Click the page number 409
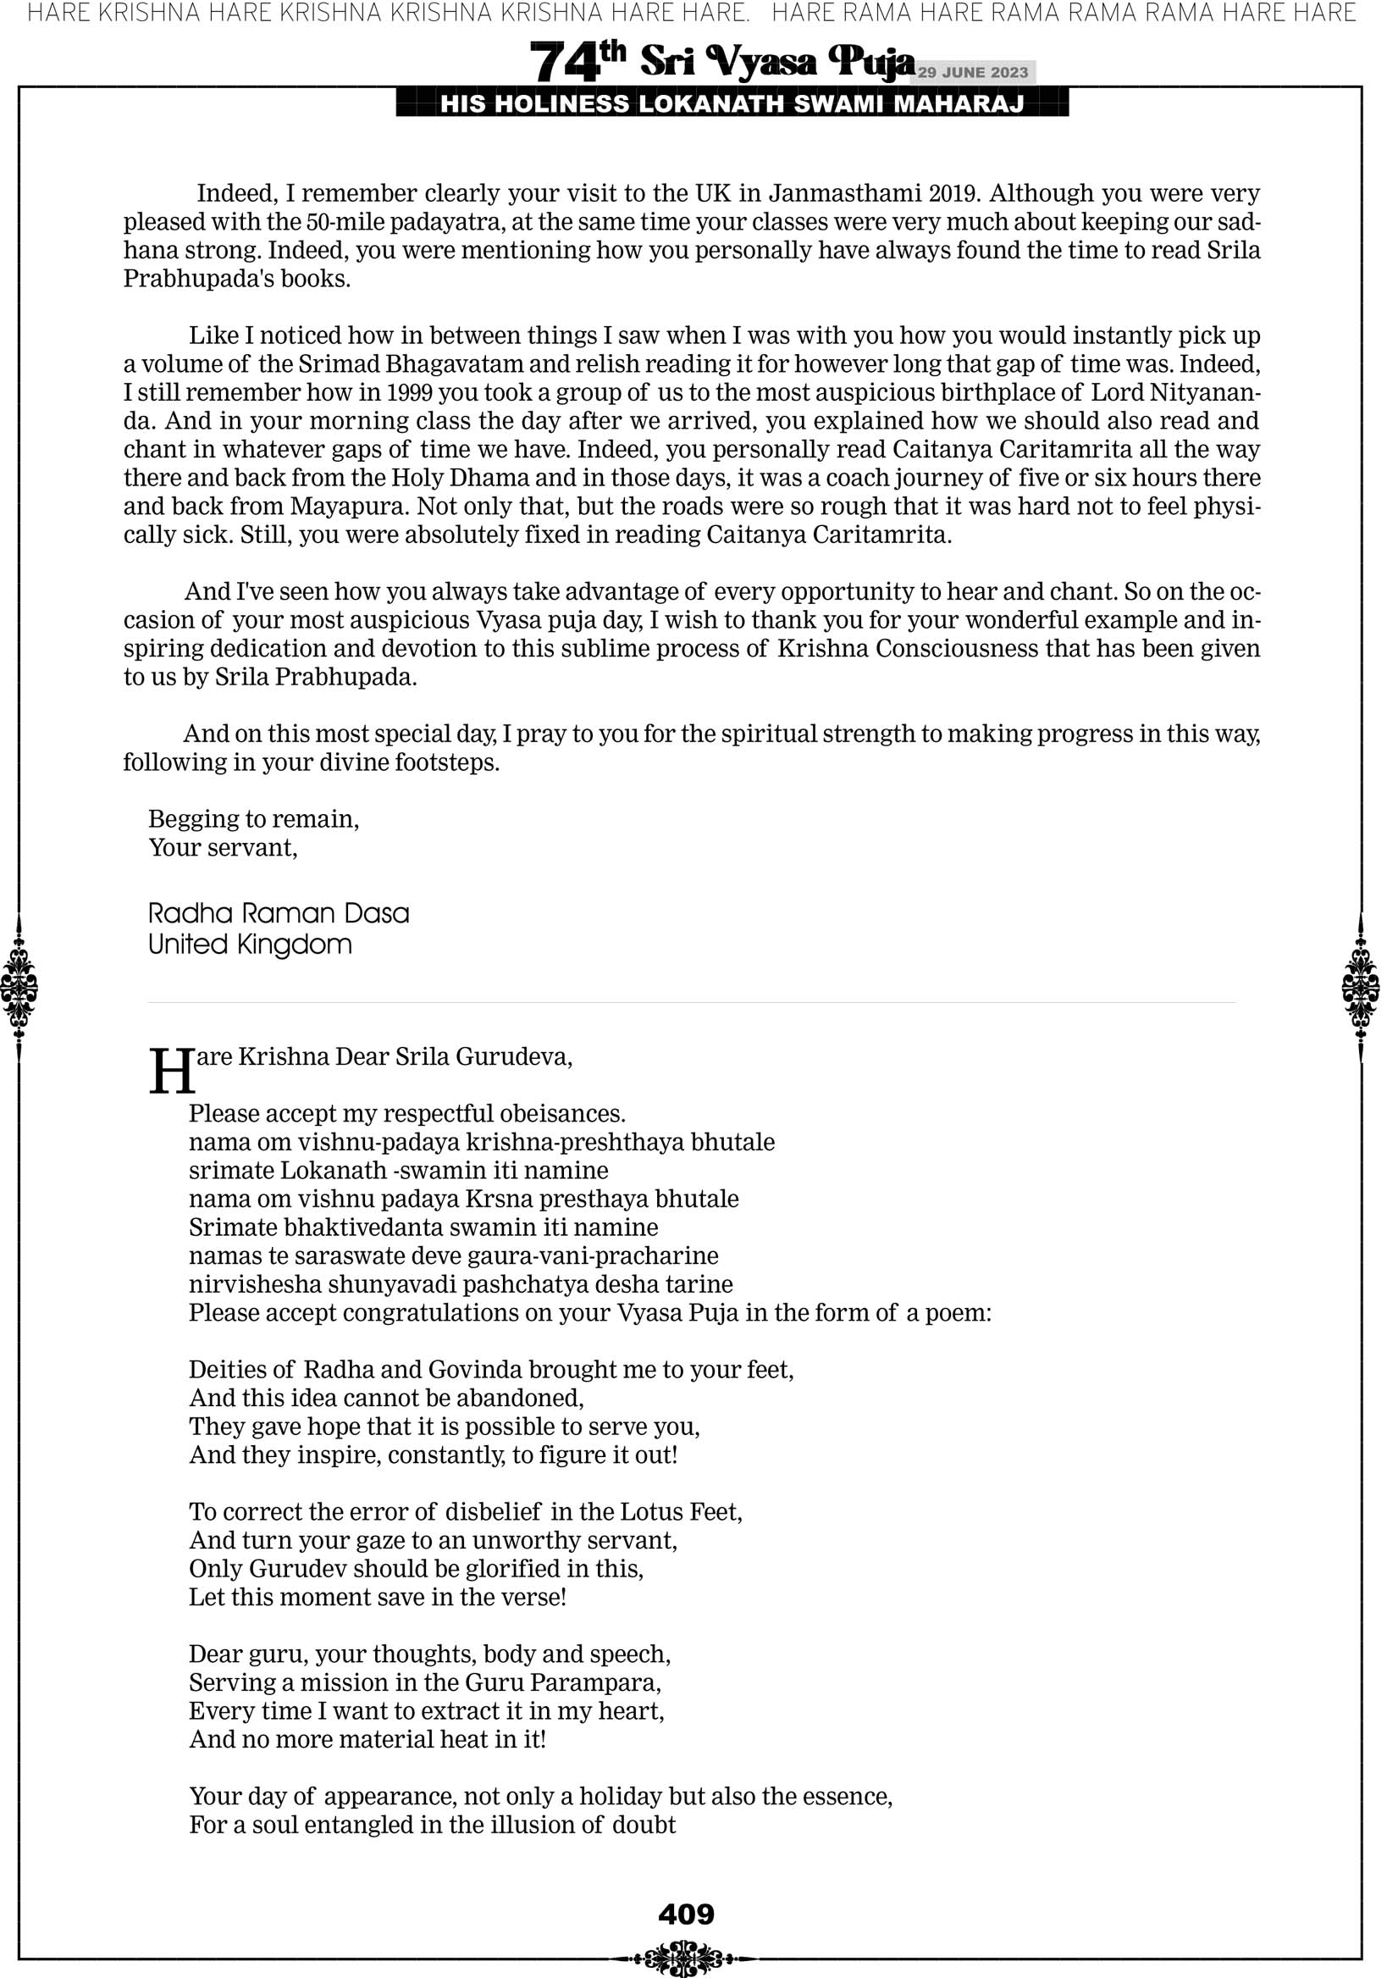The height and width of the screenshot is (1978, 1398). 686,1914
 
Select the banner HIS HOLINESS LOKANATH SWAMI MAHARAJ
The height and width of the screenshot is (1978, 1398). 732,104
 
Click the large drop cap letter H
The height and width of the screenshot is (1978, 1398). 170,1072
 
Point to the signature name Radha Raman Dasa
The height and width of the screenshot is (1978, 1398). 279,913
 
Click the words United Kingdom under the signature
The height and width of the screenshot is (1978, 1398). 250,945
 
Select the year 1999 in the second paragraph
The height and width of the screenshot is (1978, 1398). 409,393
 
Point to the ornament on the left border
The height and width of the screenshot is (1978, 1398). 19,987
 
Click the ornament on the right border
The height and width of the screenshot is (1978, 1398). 1360,987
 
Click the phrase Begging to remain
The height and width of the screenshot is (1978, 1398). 253,818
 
